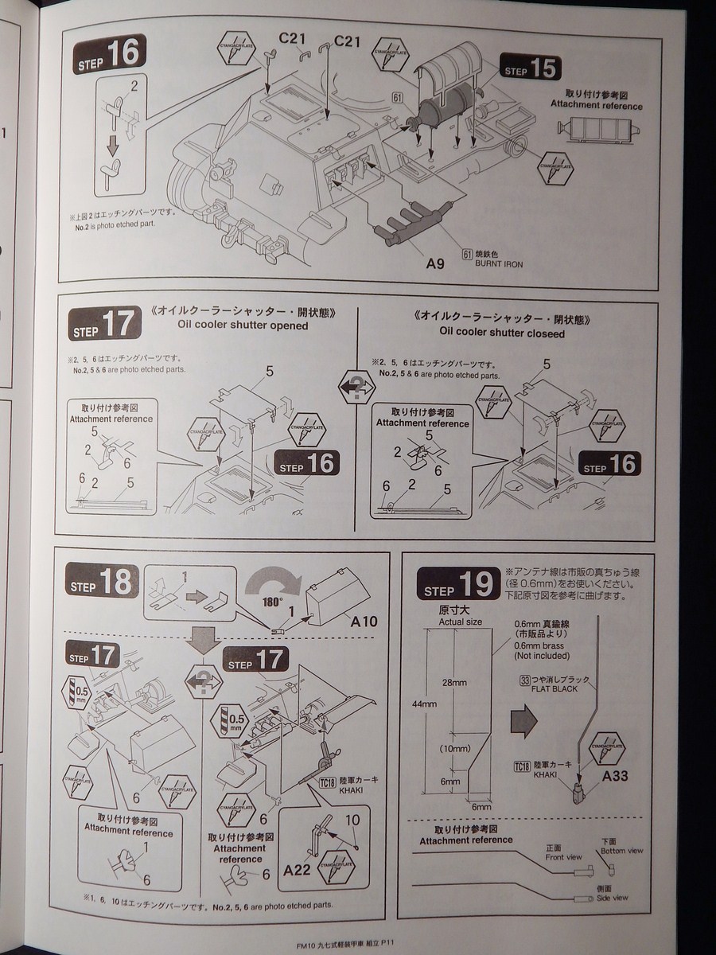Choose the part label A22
point(298,870)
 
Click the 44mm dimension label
point(425,704)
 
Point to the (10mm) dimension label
point(453,749)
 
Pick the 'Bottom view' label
point(623,851)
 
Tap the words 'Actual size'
point(461,621)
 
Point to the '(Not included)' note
point(542,656)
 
